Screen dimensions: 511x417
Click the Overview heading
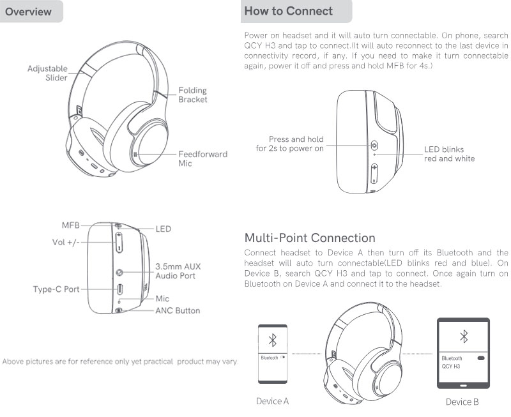coord(28,11)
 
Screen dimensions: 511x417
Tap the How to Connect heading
coord(289,11)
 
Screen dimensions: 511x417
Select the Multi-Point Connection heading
coord(310,238)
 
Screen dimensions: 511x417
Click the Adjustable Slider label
coord(47,73)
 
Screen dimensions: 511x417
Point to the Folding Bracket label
coord(193,95)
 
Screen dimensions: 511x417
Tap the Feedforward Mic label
coord(202,158)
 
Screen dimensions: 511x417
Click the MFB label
coord(71,225)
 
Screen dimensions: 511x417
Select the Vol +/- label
coord(66,242)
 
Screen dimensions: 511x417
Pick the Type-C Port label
coord(56,289)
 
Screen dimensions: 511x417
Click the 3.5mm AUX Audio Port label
coord(178,271)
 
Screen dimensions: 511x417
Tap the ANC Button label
coord(178,310)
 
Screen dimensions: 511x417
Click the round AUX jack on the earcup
coord(119,272)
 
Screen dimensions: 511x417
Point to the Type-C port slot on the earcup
coord(119,289)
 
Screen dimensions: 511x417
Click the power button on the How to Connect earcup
coord(374,145)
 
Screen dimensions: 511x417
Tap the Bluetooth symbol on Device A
coord(273,340)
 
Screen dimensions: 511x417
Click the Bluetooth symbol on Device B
coord(464,337)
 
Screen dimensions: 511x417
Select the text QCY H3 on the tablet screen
coord(451,366)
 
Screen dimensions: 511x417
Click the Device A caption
coord(273,401)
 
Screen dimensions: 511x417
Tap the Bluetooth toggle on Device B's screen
coord(481,358)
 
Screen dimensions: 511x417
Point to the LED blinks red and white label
coord(450,154)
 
